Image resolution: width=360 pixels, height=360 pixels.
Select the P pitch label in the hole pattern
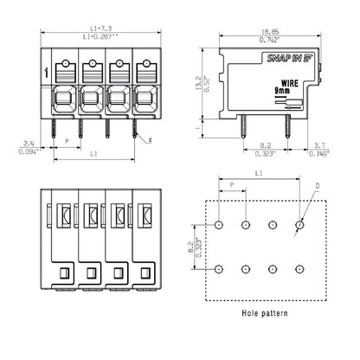coord(231,184)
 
